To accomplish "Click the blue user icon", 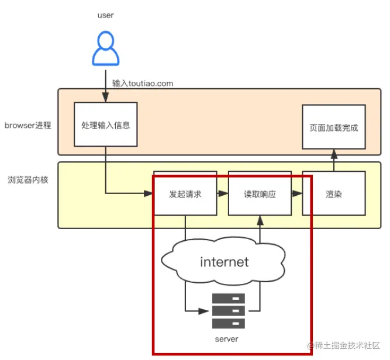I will tap(105, 49).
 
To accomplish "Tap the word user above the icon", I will tap(105, 15).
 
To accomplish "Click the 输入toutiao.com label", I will tap(143, 83).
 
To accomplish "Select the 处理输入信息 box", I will tap(105, 124).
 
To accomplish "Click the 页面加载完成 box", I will tap(333, 127).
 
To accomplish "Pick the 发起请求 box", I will tap(185, 194).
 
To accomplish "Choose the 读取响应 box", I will tap(259, 194).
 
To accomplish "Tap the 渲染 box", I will tap(333, 194).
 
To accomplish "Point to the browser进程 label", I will tap(28, 125).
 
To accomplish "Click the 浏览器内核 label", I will tap(28, 179).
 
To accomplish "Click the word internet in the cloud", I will tap(224, 262).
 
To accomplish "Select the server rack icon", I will tap(228, 310).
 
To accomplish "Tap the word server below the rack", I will tap(227, 339).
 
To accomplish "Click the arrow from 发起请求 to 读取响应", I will tap(222, 193).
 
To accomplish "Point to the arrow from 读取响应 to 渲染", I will tap(296, 193).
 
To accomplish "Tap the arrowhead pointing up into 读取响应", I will tap(259, 221).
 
